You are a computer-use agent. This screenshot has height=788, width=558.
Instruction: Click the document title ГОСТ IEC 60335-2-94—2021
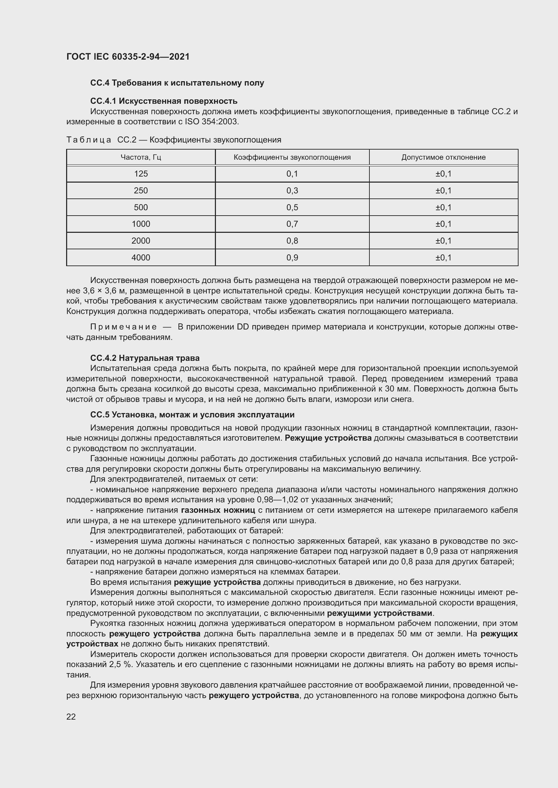click(128, 57)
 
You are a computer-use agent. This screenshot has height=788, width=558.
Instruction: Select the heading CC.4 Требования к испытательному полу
click(177, 83)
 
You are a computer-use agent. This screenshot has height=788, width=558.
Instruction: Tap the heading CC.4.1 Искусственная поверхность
click(164, 101)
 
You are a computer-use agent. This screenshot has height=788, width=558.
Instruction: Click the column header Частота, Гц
click(141, 157)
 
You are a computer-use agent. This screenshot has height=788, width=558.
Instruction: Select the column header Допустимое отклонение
click(443, 157)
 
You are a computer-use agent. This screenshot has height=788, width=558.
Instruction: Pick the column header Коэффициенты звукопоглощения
click(292, 157)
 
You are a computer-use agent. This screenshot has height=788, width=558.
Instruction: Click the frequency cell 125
click(141, 174)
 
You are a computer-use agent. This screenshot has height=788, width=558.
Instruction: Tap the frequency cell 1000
click(141, 224)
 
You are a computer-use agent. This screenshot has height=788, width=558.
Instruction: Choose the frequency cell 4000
click(141, 257)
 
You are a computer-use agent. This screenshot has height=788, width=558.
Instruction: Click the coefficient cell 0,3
click(292, 190)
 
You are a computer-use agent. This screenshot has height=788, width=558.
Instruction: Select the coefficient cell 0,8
click(292, 241)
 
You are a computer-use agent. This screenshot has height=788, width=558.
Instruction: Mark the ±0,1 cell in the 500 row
click(443, 207)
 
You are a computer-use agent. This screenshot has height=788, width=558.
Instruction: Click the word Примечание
click(123, 327)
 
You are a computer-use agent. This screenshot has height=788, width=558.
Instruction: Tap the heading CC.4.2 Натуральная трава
click(145, 358)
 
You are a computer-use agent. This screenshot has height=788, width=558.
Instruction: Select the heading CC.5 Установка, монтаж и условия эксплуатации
click(192, 415)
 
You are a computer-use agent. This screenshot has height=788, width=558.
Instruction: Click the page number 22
click(71, 717)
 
